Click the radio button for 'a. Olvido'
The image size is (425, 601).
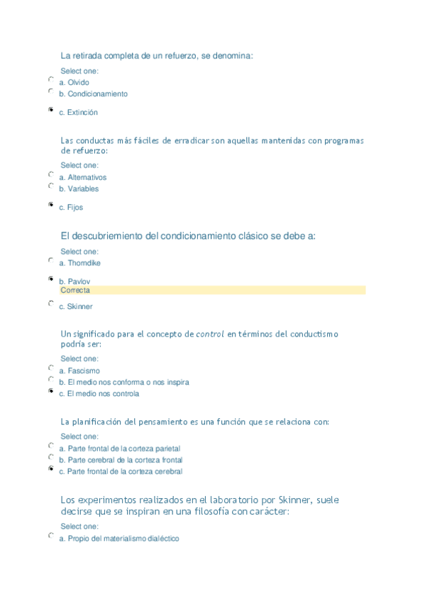50,79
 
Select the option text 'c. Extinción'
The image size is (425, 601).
78,113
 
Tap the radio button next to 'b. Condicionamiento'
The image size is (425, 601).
50,91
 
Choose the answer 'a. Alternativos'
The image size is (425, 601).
82,178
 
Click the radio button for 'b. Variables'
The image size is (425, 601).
50,186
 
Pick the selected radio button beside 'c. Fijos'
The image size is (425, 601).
50,204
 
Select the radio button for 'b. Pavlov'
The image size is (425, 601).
50,279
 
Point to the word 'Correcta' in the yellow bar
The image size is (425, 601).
75,291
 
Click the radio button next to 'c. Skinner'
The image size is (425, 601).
50,303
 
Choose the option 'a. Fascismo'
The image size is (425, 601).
79,371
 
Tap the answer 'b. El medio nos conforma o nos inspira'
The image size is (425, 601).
123,382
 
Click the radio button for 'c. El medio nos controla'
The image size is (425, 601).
50,391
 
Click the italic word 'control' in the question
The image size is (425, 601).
210,333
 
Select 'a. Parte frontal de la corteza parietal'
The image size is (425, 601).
119,449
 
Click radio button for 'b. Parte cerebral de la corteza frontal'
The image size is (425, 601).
50,457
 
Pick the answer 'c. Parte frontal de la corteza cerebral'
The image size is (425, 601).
120,471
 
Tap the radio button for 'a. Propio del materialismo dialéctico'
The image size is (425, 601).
50,536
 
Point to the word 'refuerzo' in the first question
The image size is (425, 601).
203,55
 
